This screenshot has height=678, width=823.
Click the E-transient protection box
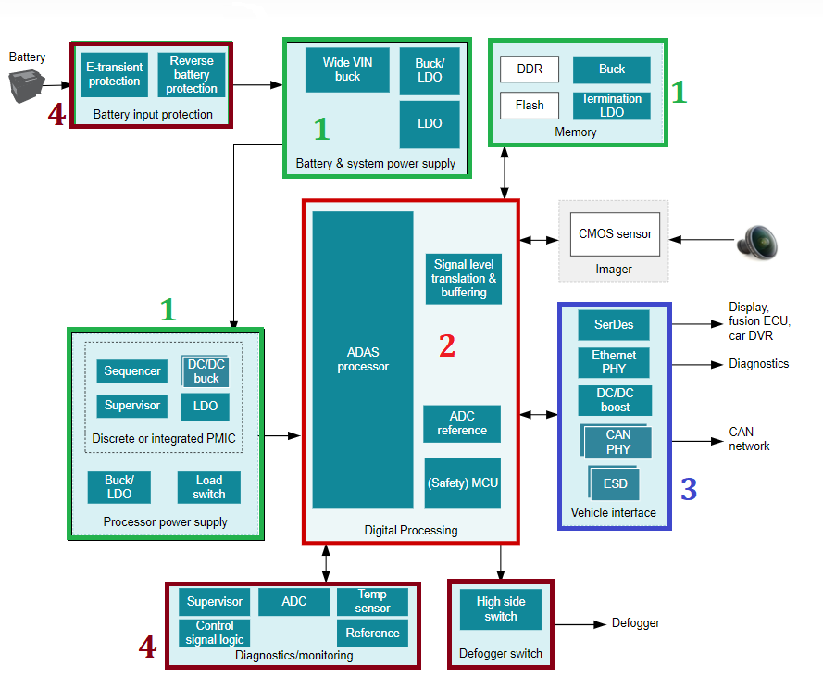click(x=114, y=74)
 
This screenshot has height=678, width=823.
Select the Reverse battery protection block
click(x=192, y=74)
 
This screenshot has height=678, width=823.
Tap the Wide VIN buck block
click(x=347, y=69)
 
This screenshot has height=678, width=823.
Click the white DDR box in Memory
click(x=530, y=69)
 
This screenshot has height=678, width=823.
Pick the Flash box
click(x=530, y=105)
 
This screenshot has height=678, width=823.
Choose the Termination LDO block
click(x=611, y=106)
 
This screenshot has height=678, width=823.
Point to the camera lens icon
click(x=757, y=241)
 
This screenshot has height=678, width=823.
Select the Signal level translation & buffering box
click(x=464, y=279)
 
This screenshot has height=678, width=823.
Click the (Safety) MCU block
click(x=462, y=483)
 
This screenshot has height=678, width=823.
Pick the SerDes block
click(x=614, y=325)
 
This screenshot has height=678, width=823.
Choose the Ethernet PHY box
click(x=614, y=362)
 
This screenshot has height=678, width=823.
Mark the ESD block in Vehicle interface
click(x=614, y=483)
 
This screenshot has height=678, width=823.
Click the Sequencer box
click(x=132, y=371)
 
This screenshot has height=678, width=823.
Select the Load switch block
click(x=209, y=487)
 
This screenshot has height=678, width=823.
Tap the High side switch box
click(x=500, y=609)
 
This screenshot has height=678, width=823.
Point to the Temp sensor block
click(x=372, y=602)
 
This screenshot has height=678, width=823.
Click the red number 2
click(x=447, y=345)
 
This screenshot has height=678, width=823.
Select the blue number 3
click(x=689, y=489)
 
